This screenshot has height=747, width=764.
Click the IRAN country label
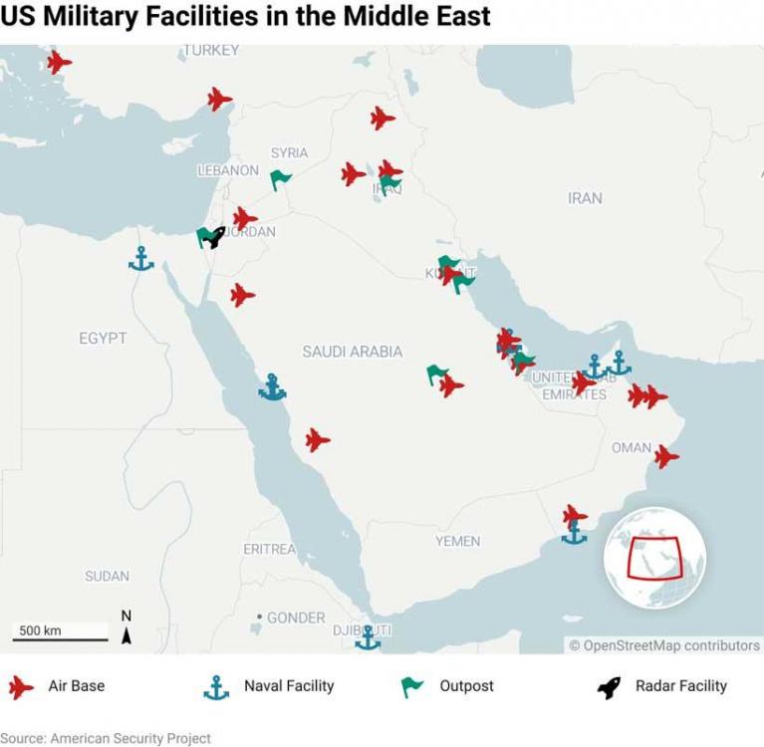585,198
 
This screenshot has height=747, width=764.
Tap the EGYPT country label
103,339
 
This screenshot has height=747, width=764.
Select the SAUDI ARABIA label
353,352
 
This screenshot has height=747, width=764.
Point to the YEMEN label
457,541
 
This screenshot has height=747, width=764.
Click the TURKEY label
211,50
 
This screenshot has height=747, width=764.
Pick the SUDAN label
107,576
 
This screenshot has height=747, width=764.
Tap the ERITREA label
269,549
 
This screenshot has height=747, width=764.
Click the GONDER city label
296,618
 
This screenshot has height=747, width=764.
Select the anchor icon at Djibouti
369,637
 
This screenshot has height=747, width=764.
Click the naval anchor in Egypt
141,259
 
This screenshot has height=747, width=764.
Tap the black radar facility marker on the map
214,236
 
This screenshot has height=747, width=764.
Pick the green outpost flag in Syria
281,179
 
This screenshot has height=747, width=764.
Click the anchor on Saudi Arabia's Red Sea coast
272,387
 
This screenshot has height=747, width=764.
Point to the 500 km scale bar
61,637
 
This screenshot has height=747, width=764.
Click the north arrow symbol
127,628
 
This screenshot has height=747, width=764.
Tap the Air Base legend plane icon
21,686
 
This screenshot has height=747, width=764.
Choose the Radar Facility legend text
681,685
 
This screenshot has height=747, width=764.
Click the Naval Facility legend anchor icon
216,686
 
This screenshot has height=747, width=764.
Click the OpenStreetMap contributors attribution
664,645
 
